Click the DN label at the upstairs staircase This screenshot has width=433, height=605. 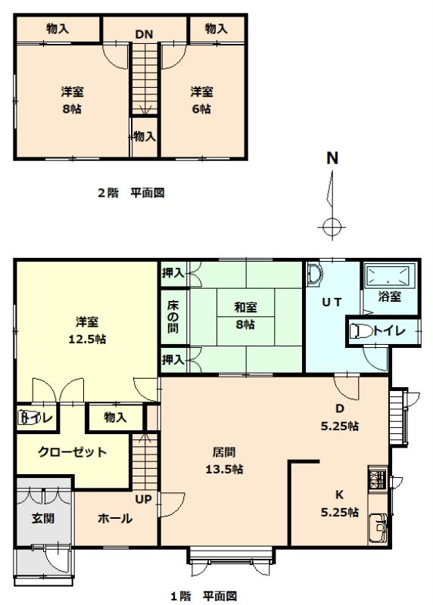[x=144, y=34]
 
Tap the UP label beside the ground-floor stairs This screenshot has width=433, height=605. [x=143, y=499]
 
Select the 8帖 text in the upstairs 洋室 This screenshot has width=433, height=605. [x=72, y=109]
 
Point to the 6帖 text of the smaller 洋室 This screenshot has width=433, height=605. [x=201, y=109]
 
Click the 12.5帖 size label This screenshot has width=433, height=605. [x=87, y=339]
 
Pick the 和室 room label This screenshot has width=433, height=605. [x=246, y=308]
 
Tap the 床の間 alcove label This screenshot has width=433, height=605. [x=173, y=316]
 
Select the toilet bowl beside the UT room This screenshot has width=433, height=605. [x=361, y=331]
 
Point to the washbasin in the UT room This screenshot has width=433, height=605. [x=315, y=275]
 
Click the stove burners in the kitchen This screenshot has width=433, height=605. [x=377, y=478]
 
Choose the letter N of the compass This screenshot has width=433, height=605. [x=332, y=158]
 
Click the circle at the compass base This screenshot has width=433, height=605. [x=332, y=227]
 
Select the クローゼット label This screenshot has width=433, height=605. [x=72, y=451]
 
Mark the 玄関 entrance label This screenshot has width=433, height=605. [x=43, y=518]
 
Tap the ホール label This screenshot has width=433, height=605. [x=115, y=518]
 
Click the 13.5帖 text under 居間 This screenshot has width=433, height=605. [x=224, y=470]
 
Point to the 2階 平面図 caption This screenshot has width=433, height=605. [x=131, y=193]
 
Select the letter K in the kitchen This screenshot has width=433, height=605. [x=340, y=495]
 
